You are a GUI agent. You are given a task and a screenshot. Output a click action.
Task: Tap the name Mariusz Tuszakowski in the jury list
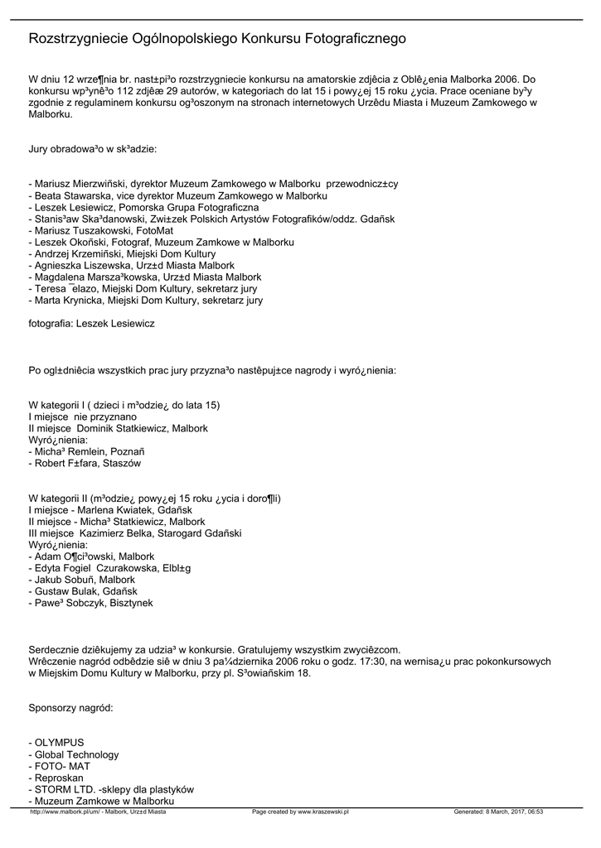[83, 230]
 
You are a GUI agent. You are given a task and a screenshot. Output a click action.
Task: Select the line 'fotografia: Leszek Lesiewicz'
[91, 323]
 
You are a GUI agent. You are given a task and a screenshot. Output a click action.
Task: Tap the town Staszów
[122, 463]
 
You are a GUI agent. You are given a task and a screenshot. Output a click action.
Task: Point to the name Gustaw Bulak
[65, 591]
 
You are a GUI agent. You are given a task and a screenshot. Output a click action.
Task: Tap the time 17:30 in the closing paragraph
[377, 661]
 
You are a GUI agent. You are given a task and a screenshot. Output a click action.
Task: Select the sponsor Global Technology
[76, 754]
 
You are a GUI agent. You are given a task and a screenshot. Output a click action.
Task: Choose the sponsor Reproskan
[59, 778]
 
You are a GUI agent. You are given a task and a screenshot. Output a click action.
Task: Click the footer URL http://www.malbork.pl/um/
[65, 812]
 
